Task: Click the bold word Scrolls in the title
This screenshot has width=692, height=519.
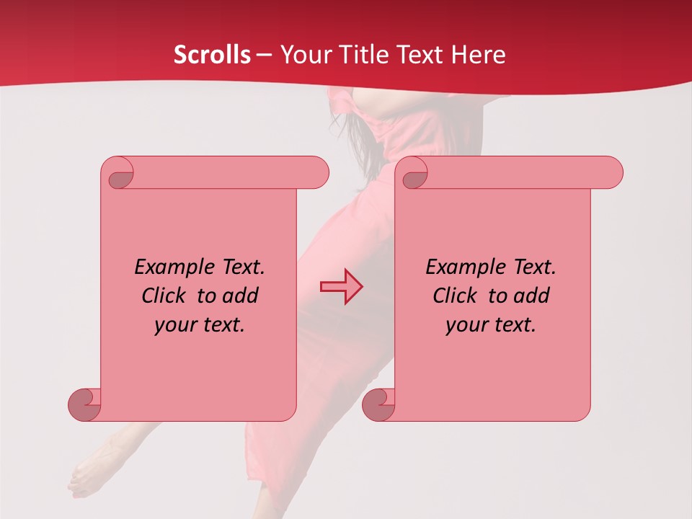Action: click(213, 55)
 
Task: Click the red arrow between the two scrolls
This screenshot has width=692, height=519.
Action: click(341, 286)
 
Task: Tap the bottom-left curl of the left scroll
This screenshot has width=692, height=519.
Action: click(84, 404)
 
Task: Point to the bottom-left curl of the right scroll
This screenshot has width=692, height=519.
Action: click(378, 404)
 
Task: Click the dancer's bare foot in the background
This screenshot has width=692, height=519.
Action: click(90, 472)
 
